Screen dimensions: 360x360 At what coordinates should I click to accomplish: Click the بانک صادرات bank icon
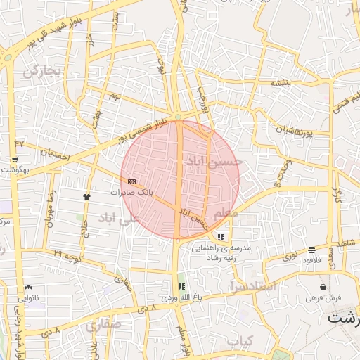(x=132, y=181)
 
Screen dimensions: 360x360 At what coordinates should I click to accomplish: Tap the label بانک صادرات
(x=131, y=191)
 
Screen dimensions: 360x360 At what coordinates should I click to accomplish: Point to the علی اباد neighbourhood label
(x=120, y=217)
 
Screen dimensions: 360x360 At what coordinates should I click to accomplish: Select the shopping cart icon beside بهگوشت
(x=15, y=160)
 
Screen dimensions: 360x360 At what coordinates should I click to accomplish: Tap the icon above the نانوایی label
(x=28, y=288)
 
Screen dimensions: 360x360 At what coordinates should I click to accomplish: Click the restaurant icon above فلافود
(x=311, y=250)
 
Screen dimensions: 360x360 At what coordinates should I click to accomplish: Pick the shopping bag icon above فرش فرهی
(x=323, y=287)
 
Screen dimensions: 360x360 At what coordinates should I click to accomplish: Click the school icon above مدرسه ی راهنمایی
(x=221, y=237)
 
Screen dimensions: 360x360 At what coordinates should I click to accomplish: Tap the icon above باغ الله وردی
(x=182, y=286)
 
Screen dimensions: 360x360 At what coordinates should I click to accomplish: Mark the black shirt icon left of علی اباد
(x=87, y=196)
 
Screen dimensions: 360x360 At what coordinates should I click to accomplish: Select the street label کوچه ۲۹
(x=67, y=252)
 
